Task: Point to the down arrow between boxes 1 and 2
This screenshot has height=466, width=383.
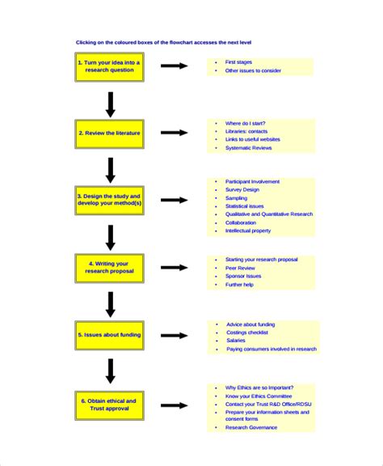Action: click(x=111, y=103)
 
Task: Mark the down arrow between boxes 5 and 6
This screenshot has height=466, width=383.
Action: click(x=111, y=371)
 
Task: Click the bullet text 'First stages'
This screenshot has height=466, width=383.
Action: click(x=239, y=61)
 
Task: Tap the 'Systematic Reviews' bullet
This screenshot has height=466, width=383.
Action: click(x=249, y=148)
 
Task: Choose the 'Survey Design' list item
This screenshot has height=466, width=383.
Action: click(x=243, y=189)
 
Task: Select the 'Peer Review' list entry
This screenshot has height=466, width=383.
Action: click(x=241, y=268)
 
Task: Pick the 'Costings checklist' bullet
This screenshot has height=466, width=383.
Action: click(x=247, y=333)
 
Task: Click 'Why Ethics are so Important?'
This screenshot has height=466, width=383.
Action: click(x=259, y=387)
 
